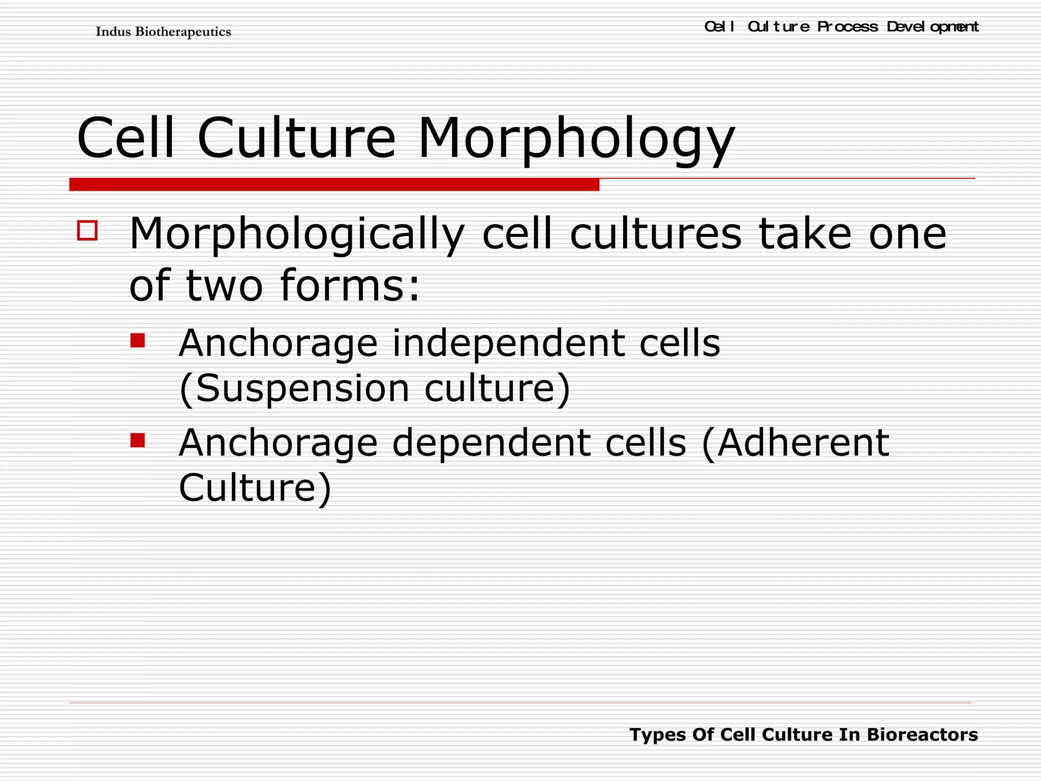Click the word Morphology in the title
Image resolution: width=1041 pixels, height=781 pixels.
(576, 138)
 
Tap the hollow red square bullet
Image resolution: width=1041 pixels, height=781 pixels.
(87, 230)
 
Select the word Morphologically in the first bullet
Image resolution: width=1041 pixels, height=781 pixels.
(297, 234)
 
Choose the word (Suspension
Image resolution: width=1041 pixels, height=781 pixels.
(294, 389)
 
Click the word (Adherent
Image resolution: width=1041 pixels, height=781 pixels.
(795, 443)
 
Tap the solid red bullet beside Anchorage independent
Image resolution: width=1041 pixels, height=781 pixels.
(137, 340)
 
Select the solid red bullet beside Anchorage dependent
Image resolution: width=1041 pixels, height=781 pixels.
(137, 439)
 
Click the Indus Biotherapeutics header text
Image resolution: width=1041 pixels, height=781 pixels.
(163, 32)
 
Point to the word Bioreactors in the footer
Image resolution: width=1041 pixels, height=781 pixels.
(922, 735)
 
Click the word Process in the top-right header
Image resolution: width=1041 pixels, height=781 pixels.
(847, 27)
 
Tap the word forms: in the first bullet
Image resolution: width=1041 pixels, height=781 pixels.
(350, 285)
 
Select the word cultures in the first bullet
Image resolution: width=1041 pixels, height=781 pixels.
(656, 234)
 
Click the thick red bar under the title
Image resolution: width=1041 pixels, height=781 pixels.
(334, 185)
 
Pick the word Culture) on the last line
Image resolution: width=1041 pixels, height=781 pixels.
(255, 488)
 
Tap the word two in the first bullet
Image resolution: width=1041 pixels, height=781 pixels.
(225, 285)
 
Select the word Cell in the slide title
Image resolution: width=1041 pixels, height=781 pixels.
(126, 138)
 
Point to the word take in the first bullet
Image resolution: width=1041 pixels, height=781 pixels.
(805, 234)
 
